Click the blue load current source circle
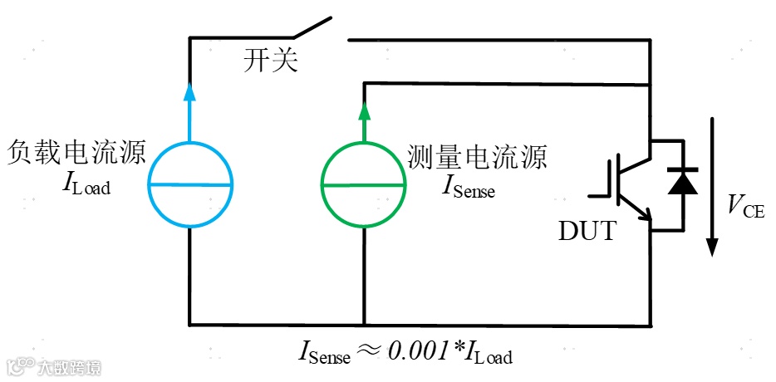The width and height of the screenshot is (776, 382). coord(190,184)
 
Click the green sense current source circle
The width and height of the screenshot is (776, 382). coord(363,184)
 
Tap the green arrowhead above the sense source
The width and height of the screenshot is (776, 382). coord(363,110)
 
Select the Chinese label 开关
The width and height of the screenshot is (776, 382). coord(270,61)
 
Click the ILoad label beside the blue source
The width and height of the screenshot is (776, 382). coord(86,184)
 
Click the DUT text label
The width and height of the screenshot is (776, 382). coord(587,231)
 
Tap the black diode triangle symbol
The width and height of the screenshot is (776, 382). coord(683,181)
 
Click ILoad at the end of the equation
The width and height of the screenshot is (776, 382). coord(486,352)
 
